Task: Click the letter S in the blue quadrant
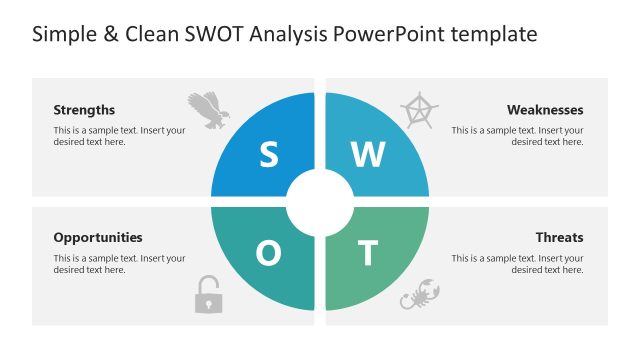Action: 268,154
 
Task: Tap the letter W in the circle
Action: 368,154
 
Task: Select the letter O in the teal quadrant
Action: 268,254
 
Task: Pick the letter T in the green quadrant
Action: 368,254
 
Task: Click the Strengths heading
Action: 84,110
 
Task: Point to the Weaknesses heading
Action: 545,110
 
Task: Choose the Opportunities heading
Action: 98,237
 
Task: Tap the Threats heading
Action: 559,237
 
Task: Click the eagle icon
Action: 208,109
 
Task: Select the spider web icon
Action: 418,109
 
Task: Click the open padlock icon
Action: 208,295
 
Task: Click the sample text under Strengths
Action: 119,136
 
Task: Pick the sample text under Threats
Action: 517,264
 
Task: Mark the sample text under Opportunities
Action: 119,264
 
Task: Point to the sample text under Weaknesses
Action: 517,136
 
